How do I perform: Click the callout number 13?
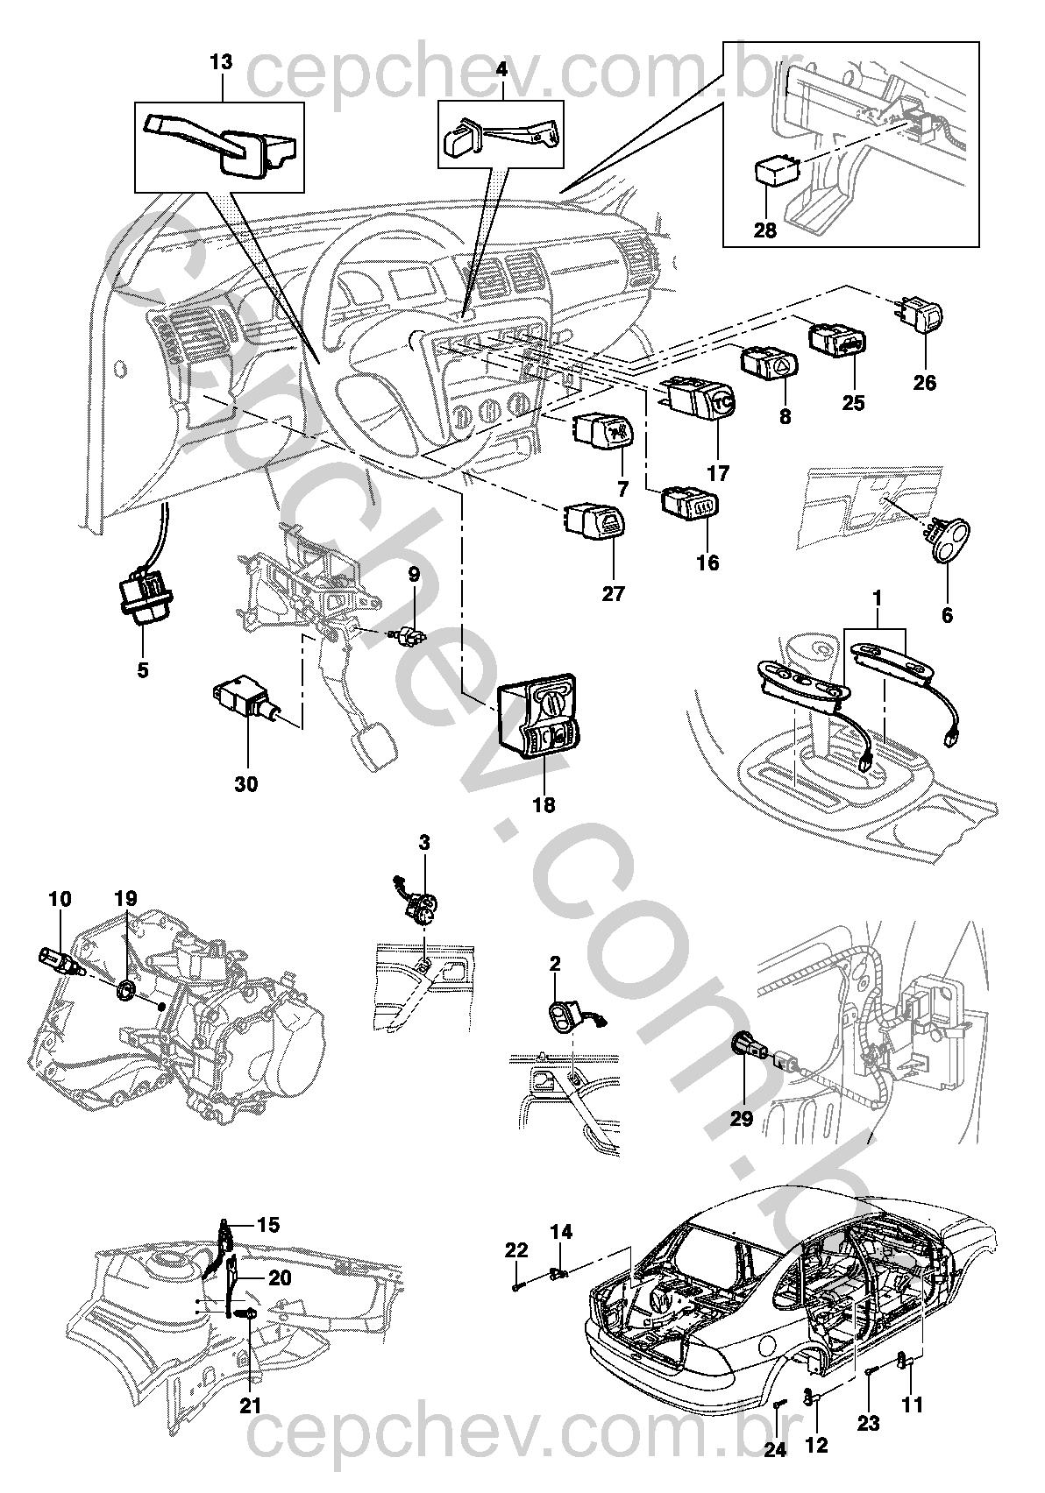[223, 62]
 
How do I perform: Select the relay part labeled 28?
[776, 169]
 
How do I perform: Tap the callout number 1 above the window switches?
[877, 601]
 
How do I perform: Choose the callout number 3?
[424, 844]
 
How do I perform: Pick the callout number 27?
[613, 593]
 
